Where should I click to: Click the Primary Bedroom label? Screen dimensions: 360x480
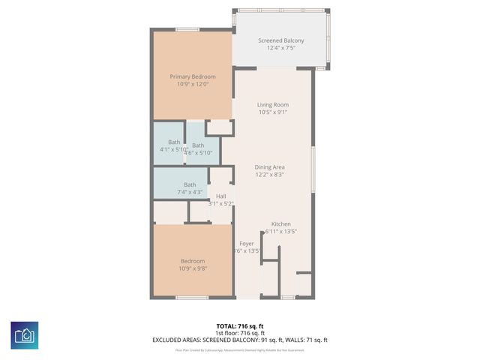point(192,76)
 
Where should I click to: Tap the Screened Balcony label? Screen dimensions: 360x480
point(280,40)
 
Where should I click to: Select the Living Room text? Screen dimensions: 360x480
point(273,104)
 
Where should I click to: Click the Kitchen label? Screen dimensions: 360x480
point(280,224)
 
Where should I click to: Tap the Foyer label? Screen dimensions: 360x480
point(246,244)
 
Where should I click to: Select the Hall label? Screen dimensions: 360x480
point(220,196)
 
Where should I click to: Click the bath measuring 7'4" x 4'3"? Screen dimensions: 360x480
point(190,184)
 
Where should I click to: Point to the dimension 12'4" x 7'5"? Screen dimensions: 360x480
point(280,49)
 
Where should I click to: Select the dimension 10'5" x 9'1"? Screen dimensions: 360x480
point(273,112)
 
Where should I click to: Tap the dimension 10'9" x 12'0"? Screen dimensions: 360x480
point(192,85)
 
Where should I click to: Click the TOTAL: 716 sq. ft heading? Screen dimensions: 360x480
point(240,326)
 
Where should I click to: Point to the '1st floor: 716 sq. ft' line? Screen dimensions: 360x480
point(240,333)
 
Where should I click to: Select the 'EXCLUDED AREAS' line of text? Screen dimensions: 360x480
point(240,340)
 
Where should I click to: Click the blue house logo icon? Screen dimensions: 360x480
point(25,334)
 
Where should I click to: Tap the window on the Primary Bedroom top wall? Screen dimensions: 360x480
point(187,30)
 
